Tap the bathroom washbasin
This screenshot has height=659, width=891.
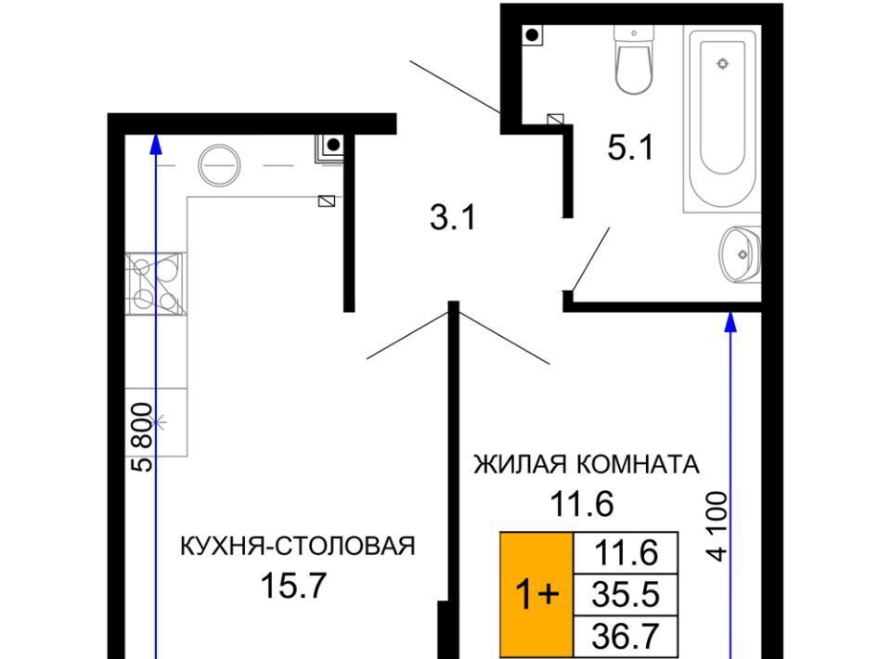click(740, 254)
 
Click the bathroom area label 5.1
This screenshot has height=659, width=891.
click(631, 148)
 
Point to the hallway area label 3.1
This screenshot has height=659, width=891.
click(452, 217)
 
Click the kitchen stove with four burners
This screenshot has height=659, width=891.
click(155, 284)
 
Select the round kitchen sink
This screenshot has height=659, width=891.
click(219, 165)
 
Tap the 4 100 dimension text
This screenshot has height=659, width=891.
click(717, 526)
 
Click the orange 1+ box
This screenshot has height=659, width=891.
click(536, 594)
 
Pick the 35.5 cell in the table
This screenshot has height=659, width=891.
click(626, 595)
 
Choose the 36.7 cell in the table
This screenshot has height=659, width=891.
click(626, 637)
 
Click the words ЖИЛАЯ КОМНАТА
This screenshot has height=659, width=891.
click(587, 465)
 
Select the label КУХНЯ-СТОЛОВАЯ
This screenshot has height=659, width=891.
click(298, 546)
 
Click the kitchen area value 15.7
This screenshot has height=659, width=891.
click(294, 585)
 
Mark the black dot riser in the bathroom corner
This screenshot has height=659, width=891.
click(533, 35)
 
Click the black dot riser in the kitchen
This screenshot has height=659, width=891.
click(333, 145)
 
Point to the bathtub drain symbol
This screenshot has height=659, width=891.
click(722, 63)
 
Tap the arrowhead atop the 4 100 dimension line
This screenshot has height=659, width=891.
click(731, 322)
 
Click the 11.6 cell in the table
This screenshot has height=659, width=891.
click(626, 553)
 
